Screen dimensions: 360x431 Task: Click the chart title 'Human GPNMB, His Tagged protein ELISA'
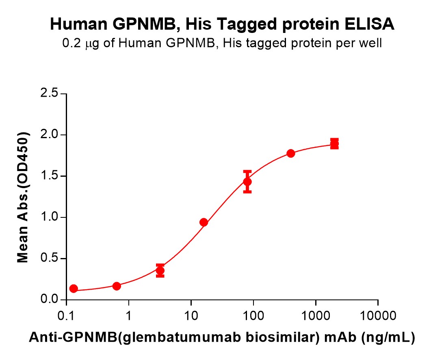coord(222,24)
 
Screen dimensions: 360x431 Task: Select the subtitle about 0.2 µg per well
coord(222,43)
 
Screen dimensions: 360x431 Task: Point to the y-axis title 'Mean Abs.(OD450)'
coord(23,197)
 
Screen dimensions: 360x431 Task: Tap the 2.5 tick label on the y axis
coord(50,94)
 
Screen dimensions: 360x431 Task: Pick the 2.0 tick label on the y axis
coord(50,135)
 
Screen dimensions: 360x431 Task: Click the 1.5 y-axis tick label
coord(50,176)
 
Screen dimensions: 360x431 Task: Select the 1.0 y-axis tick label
coord(50,217)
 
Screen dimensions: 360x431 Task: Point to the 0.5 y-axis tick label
coord(50,259)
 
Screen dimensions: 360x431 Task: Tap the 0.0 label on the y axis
coord(50,300)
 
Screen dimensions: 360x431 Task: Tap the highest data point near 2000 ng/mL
coord(334,144)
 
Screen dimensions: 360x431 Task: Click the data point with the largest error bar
coord(247,182)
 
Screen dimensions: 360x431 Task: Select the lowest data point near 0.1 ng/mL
coord(74,288)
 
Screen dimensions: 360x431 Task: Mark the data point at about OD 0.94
coord(204,222)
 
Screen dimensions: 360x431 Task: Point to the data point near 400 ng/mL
coord(291,153)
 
